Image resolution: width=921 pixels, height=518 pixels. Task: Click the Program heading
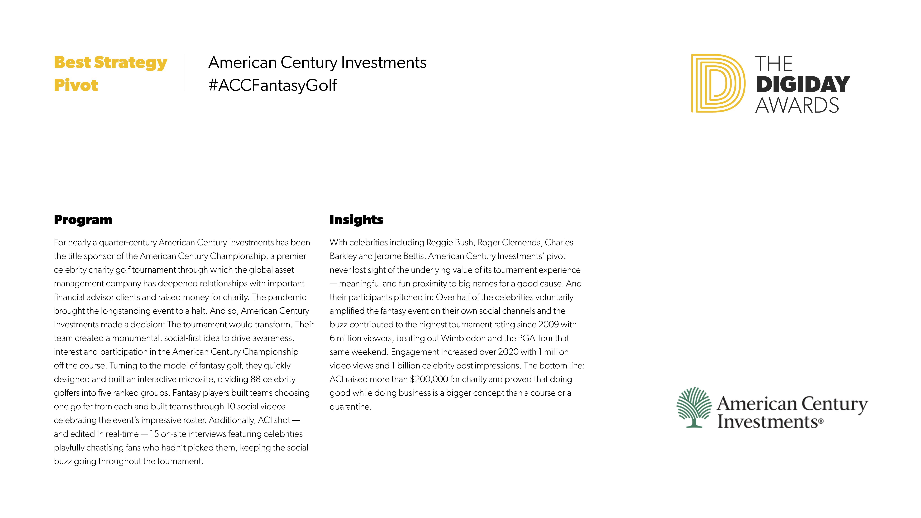coord(83,219)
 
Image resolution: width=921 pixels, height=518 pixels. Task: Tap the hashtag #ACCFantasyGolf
coord(273,85)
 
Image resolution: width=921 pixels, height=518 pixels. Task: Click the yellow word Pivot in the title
coord(76,85)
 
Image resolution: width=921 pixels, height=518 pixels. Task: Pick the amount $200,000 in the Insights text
coord(429,379)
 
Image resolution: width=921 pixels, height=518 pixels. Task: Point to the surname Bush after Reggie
coord(463,242)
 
